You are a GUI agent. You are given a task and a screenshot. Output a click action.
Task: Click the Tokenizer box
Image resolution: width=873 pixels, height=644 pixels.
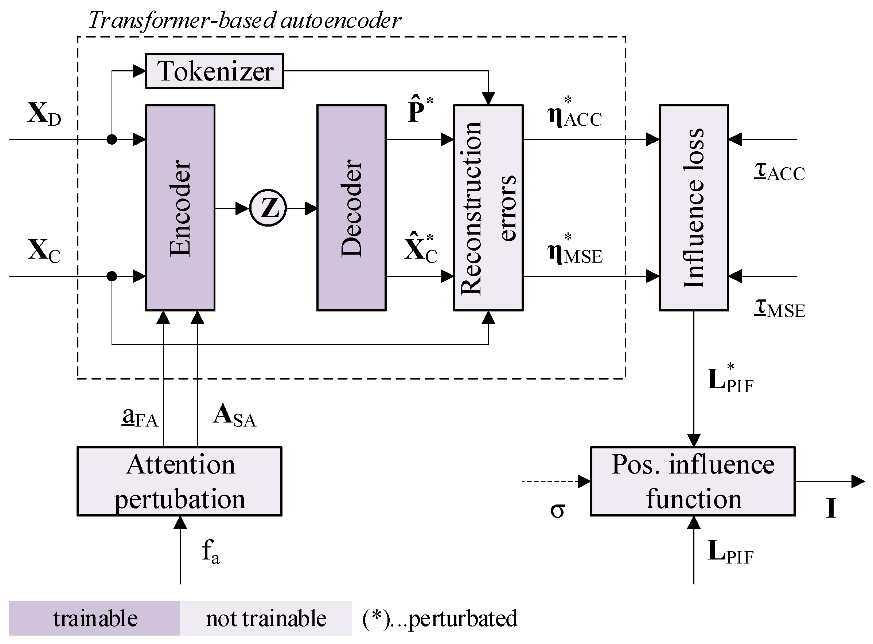(214, 71)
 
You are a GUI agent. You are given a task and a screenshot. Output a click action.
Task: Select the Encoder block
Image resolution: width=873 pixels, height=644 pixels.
(180, 207)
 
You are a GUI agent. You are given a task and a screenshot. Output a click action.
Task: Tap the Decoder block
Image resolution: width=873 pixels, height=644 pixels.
(351, 207)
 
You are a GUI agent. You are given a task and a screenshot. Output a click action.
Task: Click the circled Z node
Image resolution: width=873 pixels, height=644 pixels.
(268, 208)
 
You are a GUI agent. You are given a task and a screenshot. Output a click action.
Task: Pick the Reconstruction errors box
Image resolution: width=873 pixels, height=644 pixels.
(488, 207)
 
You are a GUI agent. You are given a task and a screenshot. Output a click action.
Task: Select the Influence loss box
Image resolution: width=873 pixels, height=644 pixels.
(694, 207)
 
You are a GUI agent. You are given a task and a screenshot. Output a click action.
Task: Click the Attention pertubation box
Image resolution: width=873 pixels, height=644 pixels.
(179, 481)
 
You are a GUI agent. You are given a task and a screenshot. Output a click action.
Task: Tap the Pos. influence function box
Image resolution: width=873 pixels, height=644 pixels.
(693, 481)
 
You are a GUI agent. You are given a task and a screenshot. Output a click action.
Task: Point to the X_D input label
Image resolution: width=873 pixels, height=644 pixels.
(44, 114)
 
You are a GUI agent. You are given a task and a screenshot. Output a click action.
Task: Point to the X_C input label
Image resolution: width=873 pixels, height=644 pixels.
(44, 251)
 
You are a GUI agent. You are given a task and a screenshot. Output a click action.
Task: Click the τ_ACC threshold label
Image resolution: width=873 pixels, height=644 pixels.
(779, 172)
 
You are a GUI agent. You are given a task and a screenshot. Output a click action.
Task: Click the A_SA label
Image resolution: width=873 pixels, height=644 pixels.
(234, 416)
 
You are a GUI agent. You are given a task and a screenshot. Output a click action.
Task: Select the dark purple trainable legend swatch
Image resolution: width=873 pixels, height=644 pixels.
(94, 618)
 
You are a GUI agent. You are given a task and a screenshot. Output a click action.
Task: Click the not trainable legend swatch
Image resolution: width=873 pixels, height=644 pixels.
(266, 618)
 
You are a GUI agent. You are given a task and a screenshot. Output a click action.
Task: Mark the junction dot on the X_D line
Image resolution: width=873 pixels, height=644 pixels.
(112, 139)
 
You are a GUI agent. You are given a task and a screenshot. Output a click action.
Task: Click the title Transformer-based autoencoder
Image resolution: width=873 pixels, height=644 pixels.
(245, 20)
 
